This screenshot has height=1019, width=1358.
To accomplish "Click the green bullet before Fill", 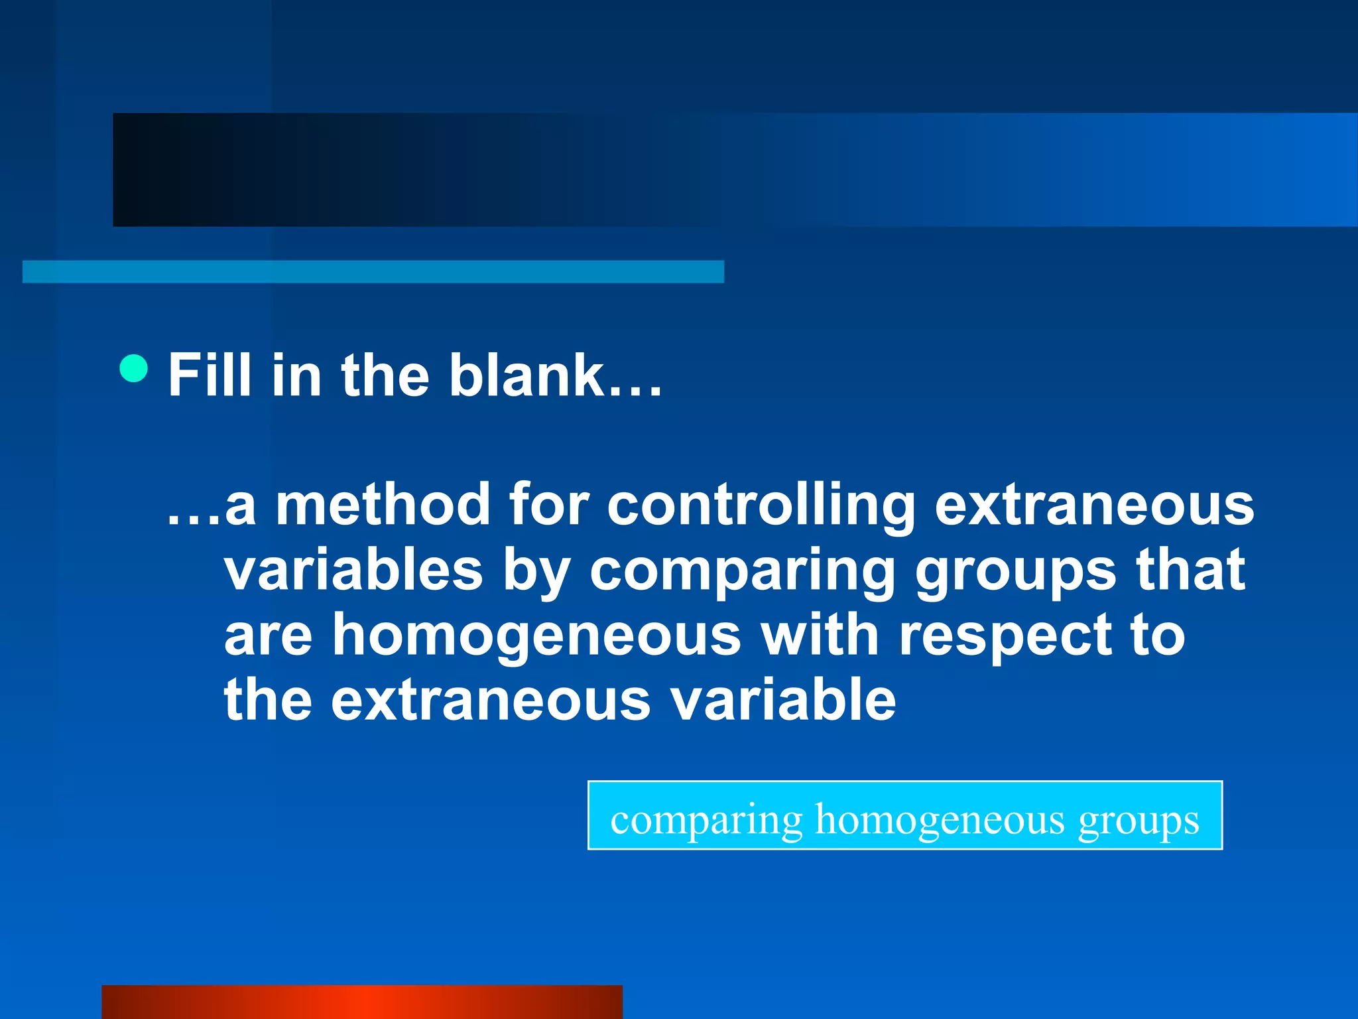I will point(134,368).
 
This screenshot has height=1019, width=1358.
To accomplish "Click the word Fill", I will point(210,375).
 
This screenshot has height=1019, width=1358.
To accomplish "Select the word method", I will point(383,506).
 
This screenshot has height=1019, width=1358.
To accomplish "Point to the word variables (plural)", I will point(353,571).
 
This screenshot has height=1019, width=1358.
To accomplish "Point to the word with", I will point(820,635).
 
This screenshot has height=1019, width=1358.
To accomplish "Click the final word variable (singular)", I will point(783,700).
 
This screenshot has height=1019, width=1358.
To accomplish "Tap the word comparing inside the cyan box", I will point(706,821).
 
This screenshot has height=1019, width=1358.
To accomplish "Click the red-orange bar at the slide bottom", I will point(362,1002).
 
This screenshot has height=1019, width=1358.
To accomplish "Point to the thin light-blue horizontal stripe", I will point(373,272).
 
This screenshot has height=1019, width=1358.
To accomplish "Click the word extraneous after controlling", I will point(1094,506).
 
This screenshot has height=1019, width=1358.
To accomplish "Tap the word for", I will point(548,506).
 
